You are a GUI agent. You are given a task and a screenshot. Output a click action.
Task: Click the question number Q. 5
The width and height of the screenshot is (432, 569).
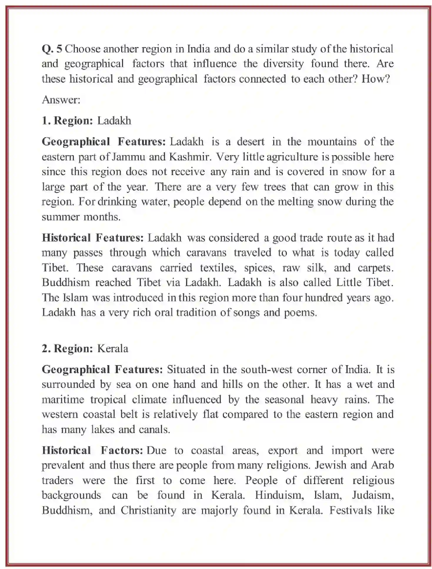tap(52, 49)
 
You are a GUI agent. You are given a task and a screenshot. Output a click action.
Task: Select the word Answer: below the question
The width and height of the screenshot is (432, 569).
tap(61, 100)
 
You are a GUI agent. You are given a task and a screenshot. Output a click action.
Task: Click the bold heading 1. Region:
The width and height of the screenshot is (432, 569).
tap(67, 121)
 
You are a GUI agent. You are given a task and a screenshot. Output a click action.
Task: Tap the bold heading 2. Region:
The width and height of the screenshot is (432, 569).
tap(67, 348)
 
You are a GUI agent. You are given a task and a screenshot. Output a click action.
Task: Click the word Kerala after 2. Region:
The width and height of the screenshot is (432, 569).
tap(113, 348)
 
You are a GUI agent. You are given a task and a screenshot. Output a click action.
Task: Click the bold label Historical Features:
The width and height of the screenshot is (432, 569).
tap(93, 238)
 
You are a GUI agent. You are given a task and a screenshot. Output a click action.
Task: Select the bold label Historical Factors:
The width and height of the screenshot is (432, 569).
tap(92, 450)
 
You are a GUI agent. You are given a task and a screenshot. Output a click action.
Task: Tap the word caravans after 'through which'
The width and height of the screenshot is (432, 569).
tap(207, 253)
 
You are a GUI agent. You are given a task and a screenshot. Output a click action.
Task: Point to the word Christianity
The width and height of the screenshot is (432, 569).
tap(149, 510)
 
